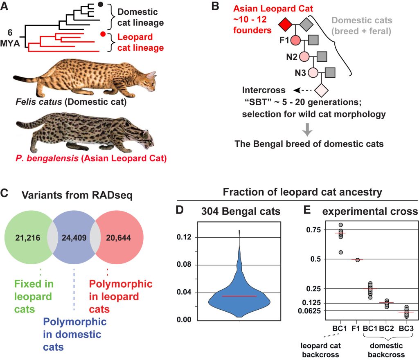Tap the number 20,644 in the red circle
tap(122, 237)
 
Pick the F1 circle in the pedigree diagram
tap(296, 40)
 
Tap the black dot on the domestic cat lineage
tap(101, 5)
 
